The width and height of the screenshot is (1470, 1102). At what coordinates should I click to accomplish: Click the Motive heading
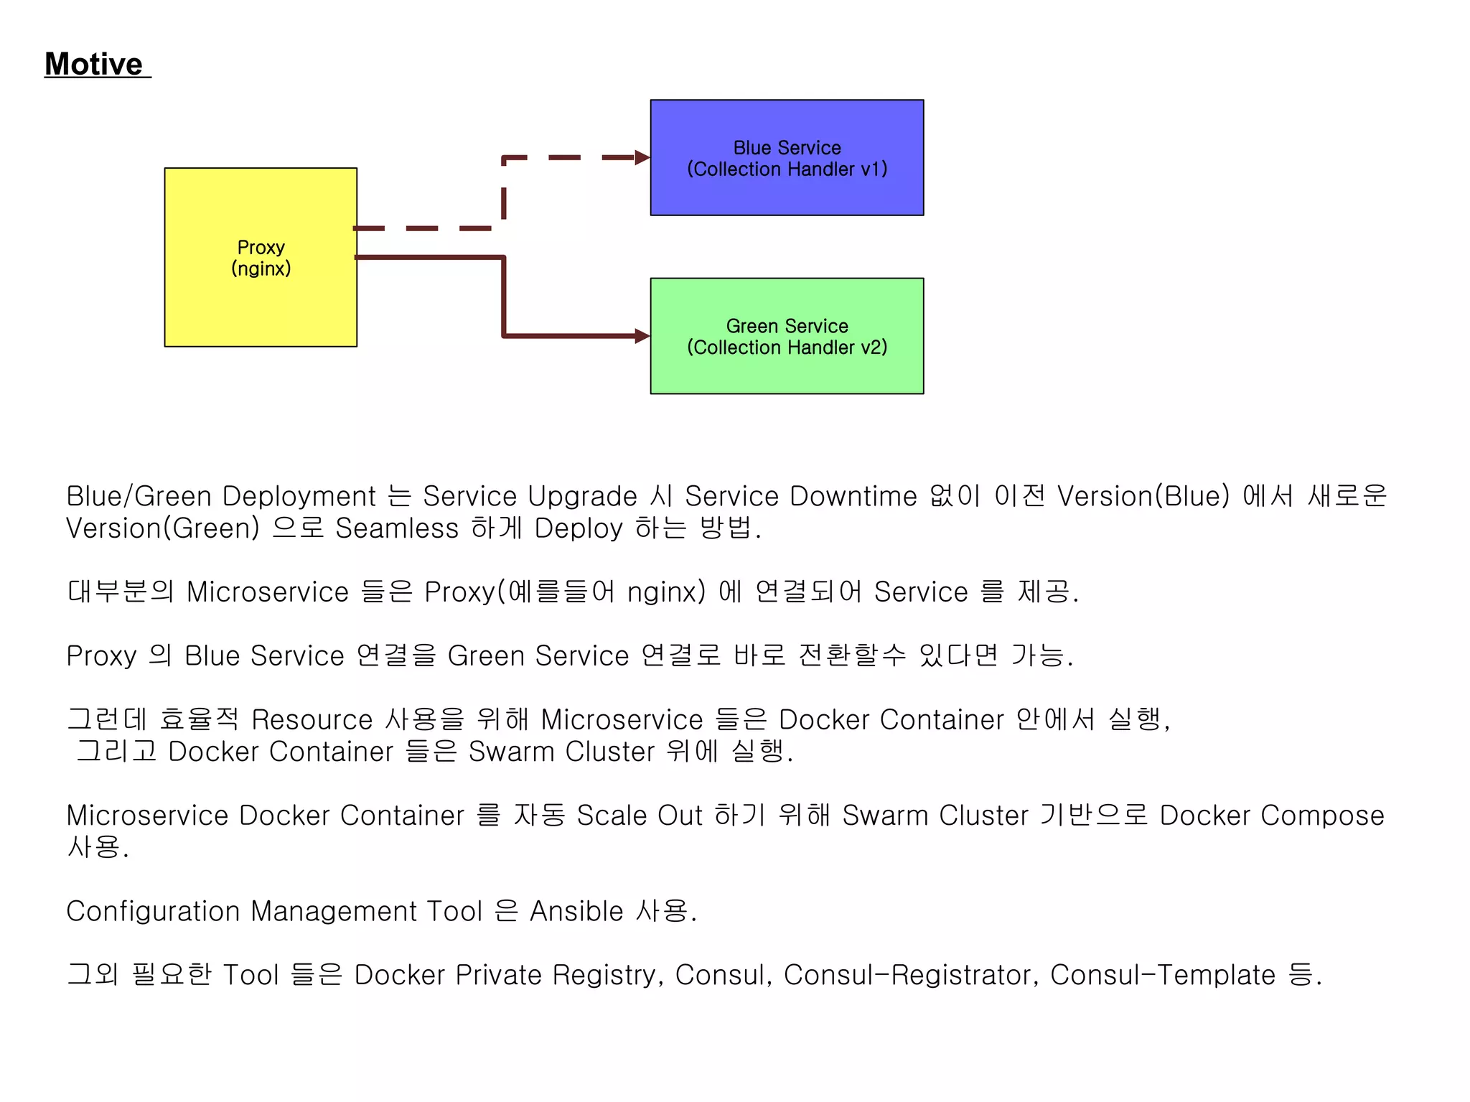pyautogui.click(x=94, y=64)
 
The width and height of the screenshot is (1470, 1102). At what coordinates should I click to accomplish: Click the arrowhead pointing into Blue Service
pyautogui.click(x=642, y=158)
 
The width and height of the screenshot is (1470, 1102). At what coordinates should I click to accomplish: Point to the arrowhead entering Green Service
pyautogui.click(x=642, y=336)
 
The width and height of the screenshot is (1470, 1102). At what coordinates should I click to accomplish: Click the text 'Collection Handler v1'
pyautogui.click(x=787, y=169)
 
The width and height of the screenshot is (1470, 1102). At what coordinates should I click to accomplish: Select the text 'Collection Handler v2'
pyautogui.click(x=787, y=347)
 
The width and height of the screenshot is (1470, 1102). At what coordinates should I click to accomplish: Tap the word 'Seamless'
pyautogui.click(x=397, y=528)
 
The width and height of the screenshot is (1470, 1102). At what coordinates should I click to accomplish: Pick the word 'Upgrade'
pyautogui.click(x=582, y=496)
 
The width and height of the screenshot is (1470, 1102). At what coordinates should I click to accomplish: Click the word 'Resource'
pyautogui.click(x=312, y=719)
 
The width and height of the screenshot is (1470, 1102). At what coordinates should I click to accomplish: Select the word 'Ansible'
pyautogui.click(x=576, y=911)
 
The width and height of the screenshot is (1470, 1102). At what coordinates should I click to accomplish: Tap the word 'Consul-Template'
pyautogui.click(x=1163, y=975)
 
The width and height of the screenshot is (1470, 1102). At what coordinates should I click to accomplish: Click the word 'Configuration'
pyautogui.click(x=153, y=911)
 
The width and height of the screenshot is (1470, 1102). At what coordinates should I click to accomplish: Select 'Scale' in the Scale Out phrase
pyautogui.click(x=612, y=816)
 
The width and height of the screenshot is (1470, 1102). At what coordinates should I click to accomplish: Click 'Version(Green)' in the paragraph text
pyautogui.click(x=163, y=528)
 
